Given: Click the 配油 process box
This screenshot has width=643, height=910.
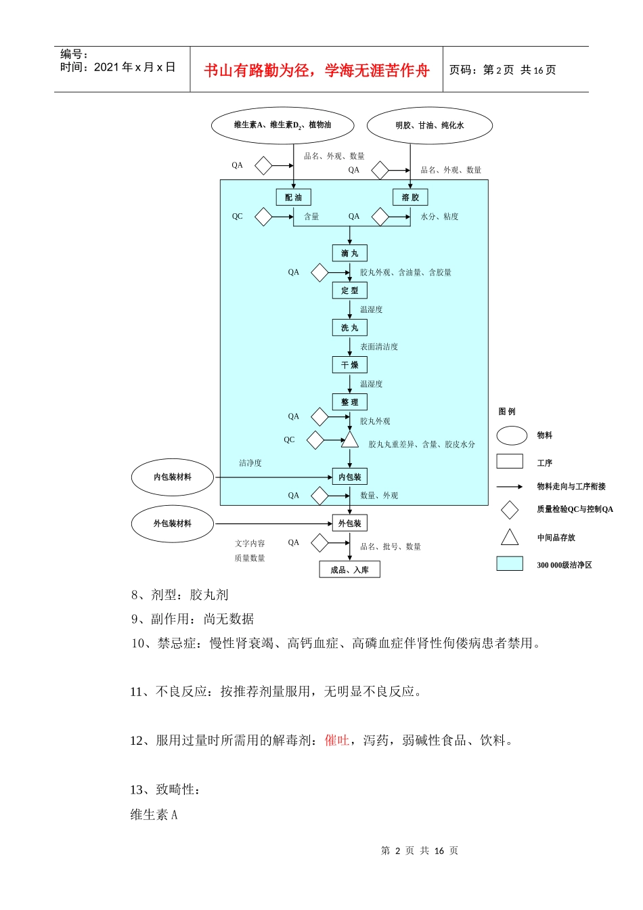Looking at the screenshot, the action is [x=293, y=197].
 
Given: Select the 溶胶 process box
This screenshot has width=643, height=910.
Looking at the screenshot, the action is [x=410, y=197].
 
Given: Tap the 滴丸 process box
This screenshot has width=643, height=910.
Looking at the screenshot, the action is [x=349, y=253].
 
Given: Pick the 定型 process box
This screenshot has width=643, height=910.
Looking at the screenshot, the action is [x=349, y=290].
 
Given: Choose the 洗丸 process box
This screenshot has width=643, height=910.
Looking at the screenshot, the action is [x=349, y=328].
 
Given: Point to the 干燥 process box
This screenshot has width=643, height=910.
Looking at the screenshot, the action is [x=349, y=365].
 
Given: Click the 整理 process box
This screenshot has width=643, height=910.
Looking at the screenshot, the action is [x=349, y=402].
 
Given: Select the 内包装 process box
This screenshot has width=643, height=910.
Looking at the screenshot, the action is [x=349, y=477].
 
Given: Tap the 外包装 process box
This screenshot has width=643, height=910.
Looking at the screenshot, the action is [x=349, y=523].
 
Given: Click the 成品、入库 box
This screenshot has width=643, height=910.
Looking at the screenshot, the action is [x=349, y=569].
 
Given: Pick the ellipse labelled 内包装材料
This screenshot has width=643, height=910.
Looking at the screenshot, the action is [x=172, y=477].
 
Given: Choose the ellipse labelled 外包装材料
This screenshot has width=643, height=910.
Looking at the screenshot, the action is [x=172, y=523].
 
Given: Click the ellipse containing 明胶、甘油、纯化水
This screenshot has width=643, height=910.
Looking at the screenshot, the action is [x=430, y=125].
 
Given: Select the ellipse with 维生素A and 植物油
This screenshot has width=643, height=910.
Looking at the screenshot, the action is [x=282, y=125].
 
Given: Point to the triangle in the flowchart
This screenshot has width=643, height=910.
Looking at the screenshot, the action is [x=349, y=441].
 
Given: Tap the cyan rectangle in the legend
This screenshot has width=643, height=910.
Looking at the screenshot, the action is [x=510, y=564].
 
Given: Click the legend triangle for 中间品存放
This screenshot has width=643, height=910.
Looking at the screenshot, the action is [x=510, y=538].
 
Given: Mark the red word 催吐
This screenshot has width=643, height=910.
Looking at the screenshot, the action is [x=337, y=740].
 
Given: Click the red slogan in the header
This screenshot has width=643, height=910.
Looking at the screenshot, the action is [x=317, y=70].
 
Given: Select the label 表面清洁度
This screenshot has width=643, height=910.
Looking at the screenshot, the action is [x=379, y=347].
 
